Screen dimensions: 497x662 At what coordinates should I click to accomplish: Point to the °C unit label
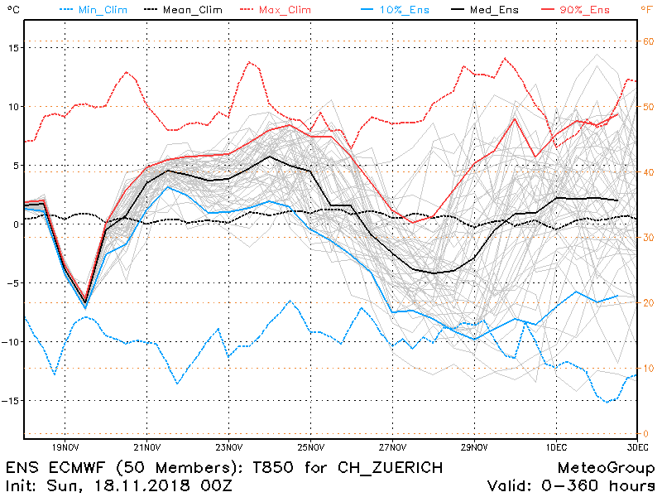point(12,10)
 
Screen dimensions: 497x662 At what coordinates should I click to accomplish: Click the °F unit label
point(646,10)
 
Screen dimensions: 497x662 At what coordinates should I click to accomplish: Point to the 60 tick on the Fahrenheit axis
point(650,41)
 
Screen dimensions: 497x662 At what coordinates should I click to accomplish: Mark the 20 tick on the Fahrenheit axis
point(650,303)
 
